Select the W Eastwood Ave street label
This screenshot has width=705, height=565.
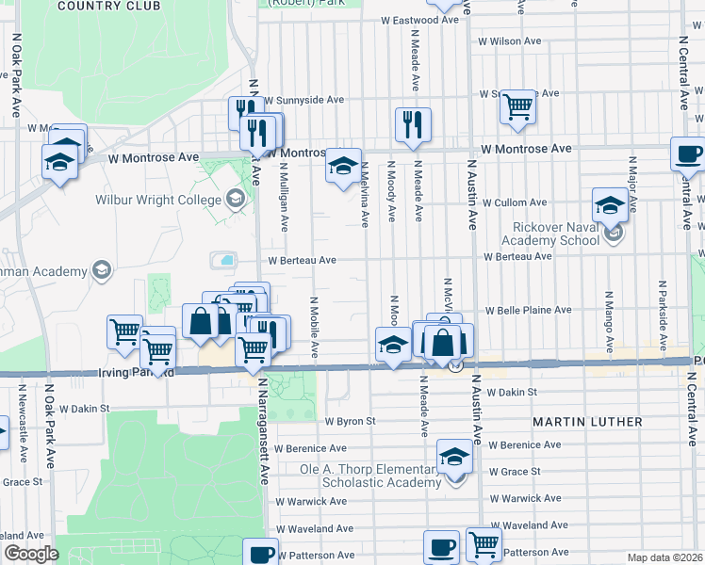tap(420, 20)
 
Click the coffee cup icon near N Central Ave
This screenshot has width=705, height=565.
tap(687, 154)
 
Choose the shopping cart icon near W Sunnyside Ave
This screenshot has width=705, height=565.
tap(517, 106)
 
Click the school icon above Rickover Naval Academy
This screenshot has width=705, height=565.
tap(610, 204)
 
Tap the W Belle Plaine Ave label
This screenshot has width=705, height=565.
tap(528, 310)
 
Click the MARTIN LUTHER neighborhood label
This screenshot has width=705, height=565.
tap(588, 422)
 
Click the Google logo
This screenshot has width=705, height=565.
tap(31, 554)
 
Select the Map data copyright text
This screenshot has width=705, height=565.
tap(664, 557)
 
